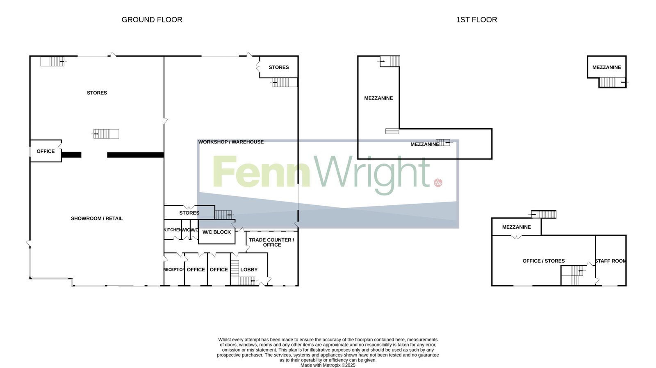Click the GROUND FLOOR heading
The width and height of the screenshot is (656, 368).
(152, 20)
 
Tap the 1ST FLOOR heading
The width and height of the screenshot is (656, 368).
(476, 20)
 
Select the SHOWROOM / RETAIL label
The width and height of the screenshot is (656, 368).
(97, 218)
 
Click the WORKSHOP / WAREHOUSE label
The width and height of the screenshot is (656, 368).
(231, 142)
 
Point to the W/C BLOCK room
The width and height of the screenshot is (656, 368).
(217, 232)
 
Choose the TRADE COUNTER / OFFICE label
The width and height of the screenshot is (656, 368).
(271, 243)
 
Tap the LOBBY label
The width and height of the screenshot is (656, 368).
(249, 270)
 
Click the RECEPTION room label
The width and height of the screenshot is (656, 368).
(174, 270)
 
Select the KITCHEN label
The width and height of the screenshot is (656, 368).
(173, 230)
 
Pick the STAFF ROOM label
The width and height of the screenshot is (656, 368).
(610, 261)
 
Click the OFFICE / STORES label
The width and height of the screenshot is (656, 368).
(544, 261)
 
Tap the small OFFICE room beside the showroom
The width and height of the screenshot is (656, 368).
(46, 151)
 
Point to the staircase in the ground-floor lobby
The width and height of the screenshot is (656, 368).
(242, 273)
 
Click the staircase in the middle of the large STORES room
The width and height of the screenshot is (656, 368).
(106, 134)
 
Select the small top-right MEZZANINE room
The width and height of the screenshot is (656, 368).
(606, 67)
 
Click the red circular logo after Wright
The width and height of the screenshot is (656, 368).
(438, 183)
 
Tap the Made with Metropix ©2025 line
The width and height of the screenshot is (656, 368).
(328, 366)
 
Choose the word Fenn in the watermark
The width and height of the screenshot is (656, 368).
(261, 172)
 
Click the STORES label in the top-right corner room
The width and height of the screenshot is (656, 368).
(279, 67)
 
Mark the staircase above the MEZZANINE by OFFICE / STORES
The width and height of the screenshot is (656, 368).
(544, 214)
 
